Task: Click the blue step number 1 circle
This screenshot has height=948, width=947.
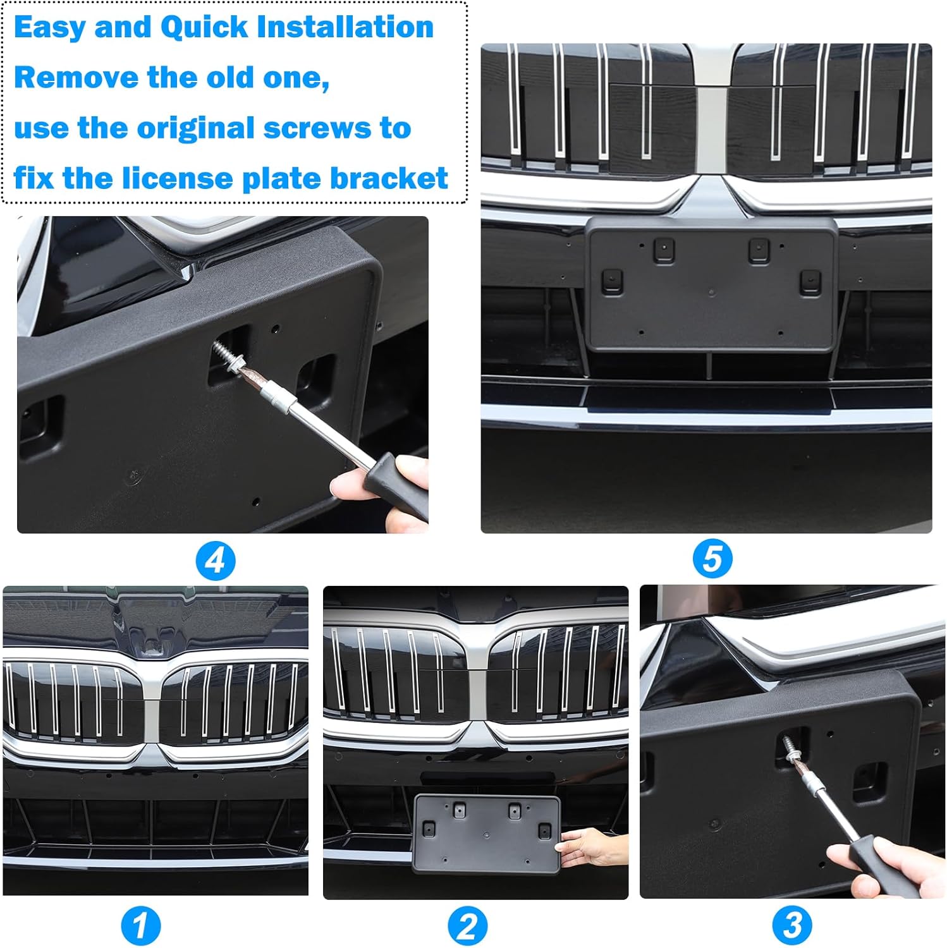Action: tap(141, 927)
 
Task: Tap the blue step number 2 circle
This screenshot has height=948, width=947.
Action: tap(468, 927)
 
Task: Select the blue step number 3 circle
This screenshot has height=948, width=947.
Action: tap(792, 925)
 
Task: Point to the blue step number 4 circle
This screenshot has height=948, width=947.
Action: tap(215, 561)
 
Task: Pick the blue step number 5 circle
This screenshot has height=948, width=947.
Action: tap(712, 559)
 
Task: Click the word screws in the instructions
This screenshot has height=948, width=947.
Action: tap(317, 128)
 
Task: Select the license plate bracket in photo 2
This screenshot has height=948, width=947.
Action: tap(486, 834)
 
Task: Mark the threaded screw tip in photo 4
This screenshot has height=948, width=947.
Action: tap(224, 351)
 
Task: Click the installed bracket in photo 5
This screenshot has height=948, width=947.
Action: tap(712, 284)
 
